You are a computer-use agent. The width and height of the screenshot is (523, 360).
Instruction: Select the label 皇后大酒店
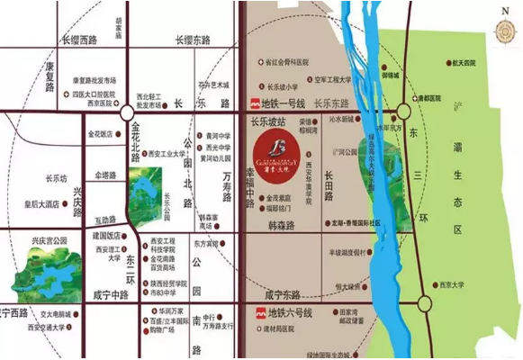40,204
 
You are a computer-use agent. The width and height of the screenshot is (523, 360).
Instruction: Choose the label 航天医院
468,63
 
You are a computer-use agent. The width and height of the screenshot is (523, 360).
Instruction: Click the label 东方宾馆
205,243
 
